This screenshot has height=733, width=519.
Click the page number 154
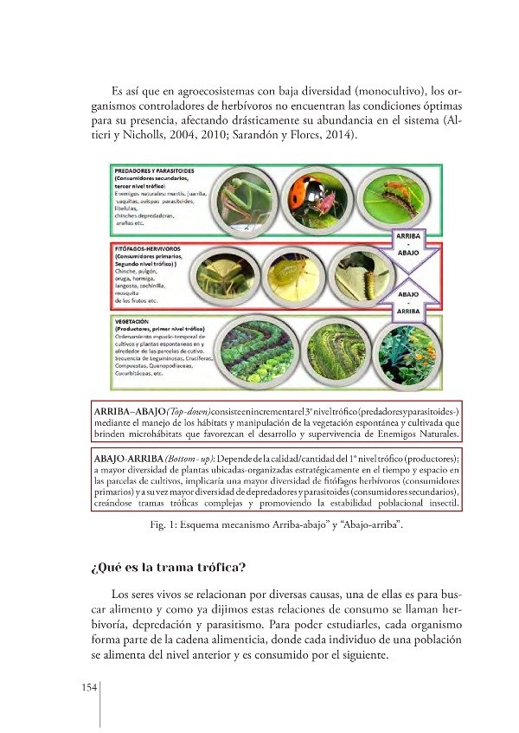pos(88,688)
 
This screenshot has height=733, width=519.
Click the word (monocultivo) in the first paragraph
pos(369,90)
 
